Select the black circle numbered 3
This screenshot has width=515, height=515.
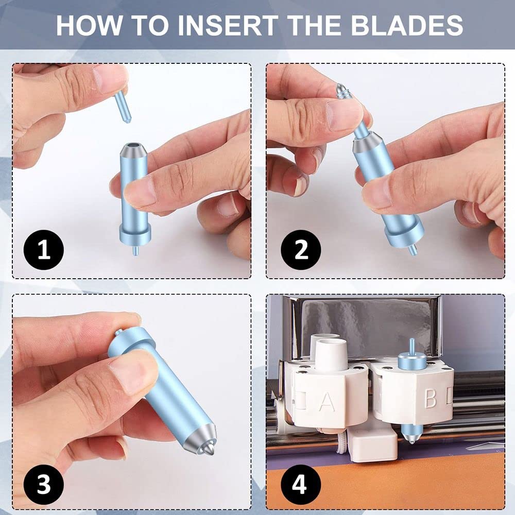pyautogui.click(x=44, y=485)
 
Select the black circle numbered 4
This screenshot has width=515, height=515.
pyautogui.click(x=301, y=485)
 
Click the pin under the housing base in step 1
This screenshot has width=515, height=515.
pyautogui.click(x=135, y=251)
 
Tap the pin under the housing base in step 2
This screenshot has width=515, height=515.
pyautogui.click(x=413, y=250)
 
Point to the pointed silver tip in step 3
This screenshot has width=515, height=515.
pyautogui.click(x=209, y=449)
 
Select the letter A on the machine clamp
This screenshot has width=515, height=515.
pyautogui.click(x=327, y=401)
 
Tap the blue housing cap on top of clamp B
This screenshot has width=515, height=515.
pyautogui.click(x=412, y=360)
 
